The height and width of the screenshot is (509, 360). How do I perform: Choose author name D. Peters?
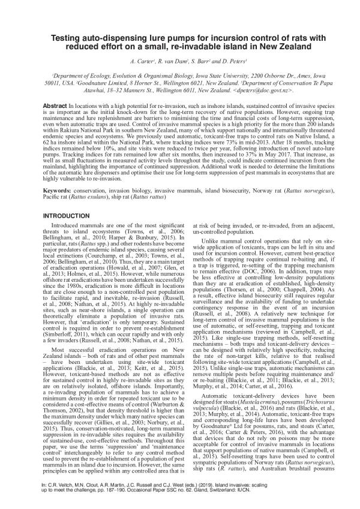[x=229, y=62]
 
